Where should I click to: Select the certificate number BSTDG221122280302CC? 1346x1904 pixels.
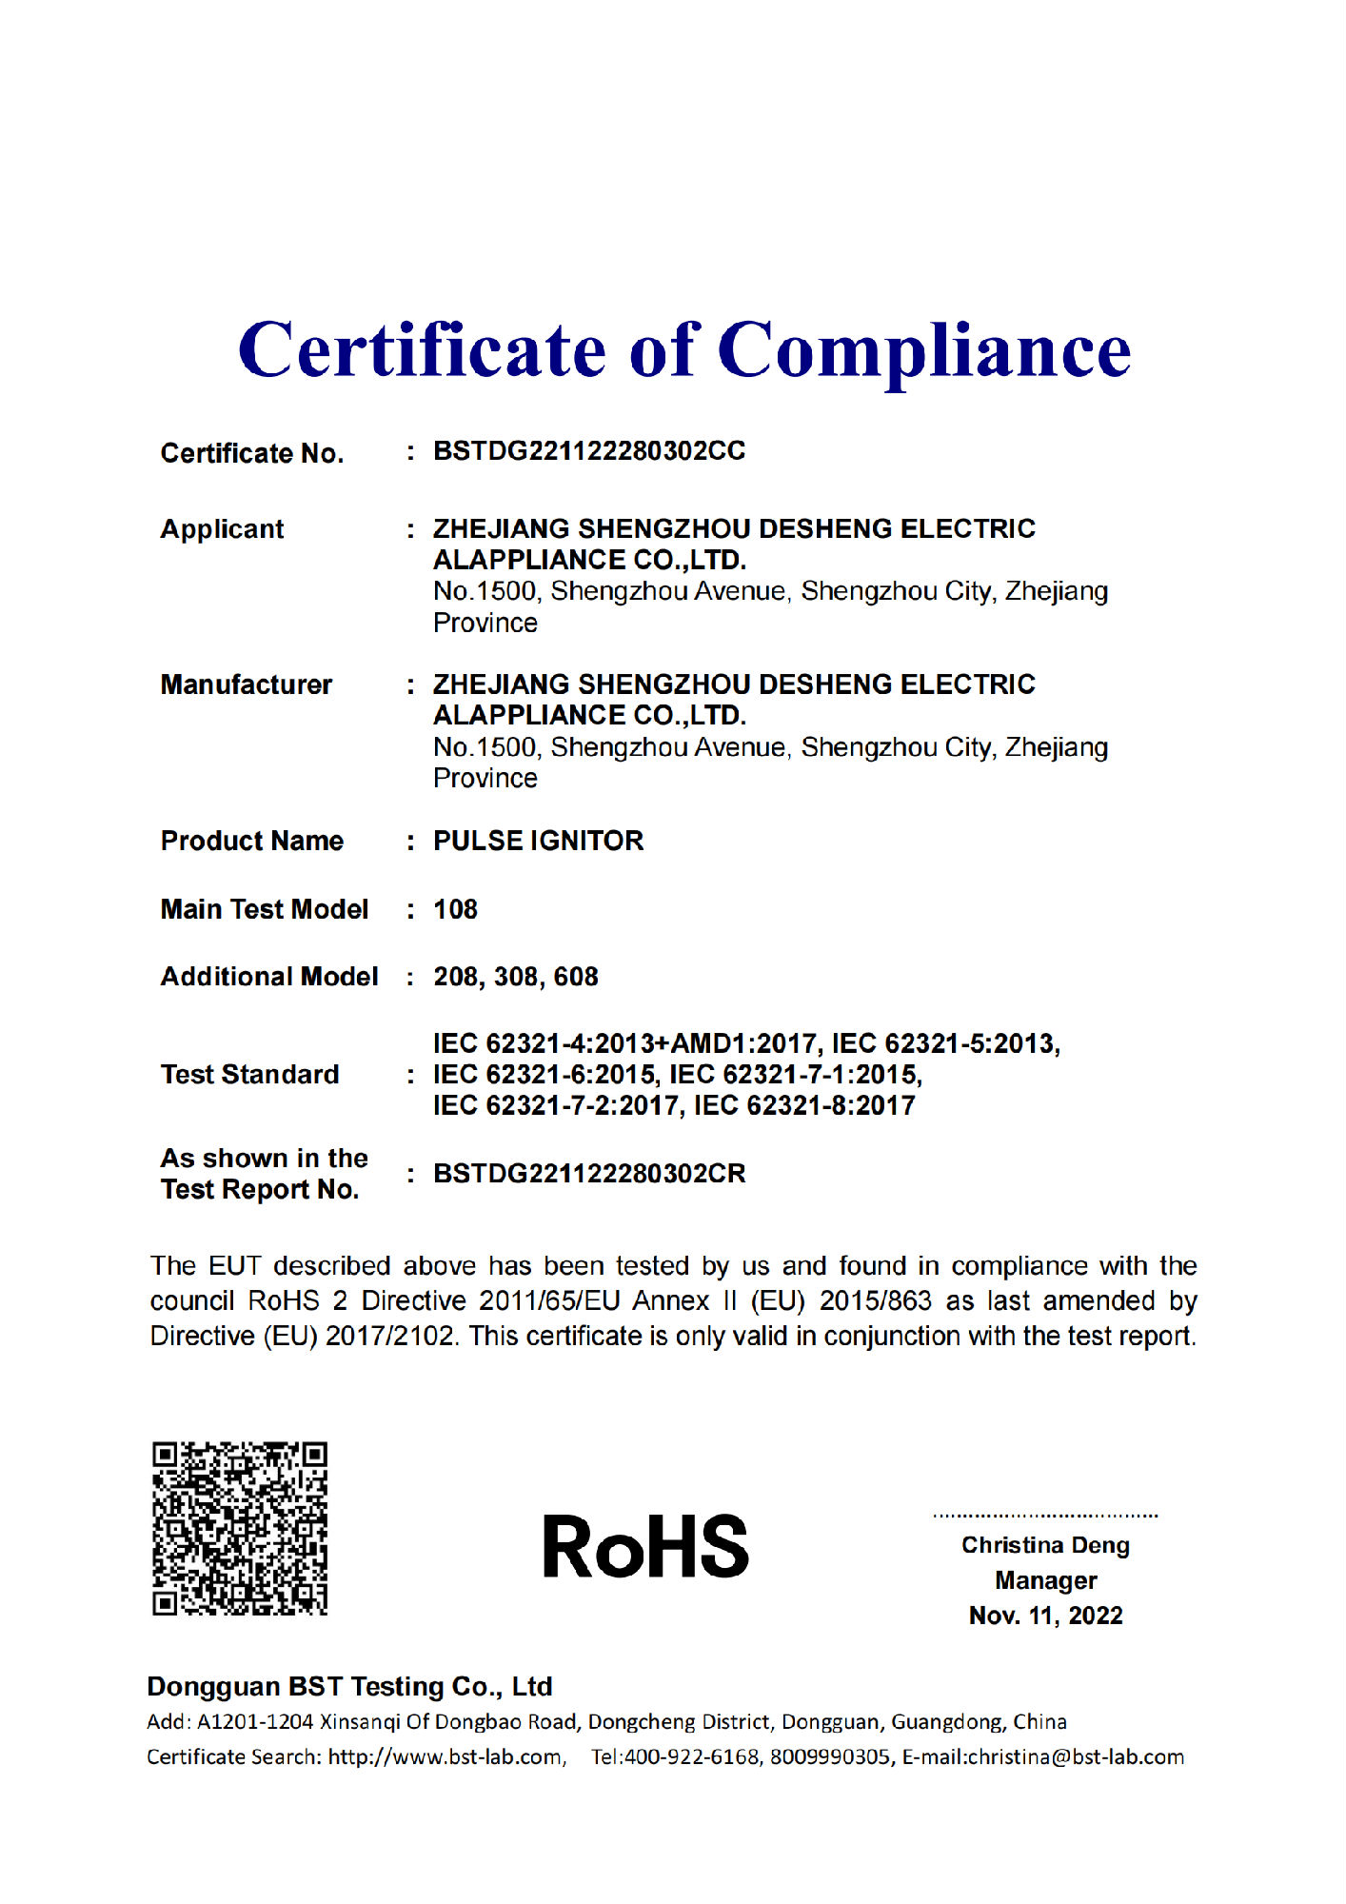(x=589, y=451)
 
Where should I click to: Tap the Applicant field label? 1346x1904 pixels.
(x=222, y=529)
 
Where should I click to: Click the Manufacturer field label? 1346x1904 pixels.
(x=246, y=684)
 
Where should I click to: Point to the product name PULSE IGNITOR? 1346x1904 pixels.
(x=538, y=841)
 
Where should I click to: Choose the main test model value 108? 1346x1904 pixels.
(x=455, y=909)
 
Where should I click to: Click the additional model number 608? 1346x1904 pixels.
(x=576, y=977)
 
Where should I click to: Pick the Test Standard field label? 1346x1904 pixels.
(x=249, y=1075)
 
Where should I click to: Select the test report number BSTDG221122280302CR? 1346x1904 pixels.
(x=589, y=1174)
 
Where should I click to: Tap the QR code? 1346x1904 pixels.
(x=240, y=1528)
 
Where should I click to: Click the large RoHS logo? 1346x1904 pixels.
(x=645, y=1547)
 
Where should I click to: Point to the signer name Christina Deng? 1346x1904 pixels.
(x=1045, y=1545)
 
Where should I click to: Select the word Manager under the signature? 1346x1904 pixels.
(x=1045, y=1580)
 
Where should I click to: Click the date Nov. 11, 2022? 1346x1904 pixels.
(x=1045, y=1616)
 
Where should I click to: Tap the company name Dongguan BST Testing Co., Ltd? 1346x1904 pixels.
(x=349, y=1687)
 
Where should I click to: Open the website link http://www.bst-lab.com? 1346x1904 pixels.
(x=445, y=1757)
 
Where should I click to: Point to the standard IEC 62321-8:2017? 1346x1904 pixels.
(x=804, y=1106)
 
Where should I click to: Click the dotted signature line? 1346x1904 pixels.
(x=1045, y=1515)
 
